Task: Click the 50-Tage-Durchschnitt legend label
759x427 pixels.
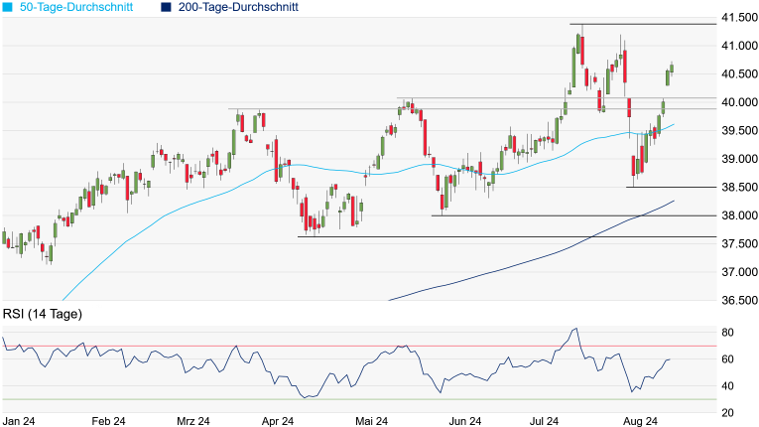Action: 75,7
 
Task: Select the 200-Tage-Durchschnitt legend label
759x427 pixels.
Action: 238,7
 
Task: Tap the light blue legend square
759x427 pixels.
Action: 8,7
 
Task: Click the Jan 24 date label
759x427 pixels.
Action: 19,421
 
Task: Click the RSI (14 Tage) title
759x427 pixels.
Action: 43,314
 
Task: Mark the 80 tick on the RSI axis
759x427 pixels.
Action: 727,332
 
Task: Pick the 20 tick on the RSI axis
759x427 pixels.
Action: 727,413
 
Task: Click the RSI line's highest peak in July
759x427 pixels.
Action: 576,329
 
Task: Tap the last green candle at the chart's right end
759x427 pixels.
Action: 672,68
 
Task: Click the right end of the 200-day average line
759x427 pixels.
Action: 675,201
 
